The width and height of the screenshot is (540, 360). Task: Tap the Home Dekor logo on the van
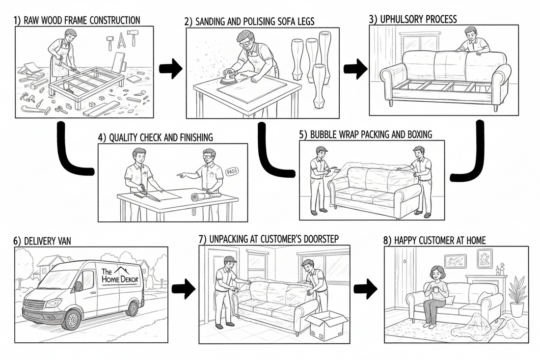click(119, 275)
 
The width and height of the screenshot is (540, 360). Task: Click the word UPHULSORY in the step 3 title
click(401, 19)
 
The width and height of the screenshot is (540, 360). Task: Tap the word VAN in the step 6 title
click(63, 241)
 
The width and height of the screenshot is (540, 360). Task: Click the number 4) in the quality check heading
click(102, 138)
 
